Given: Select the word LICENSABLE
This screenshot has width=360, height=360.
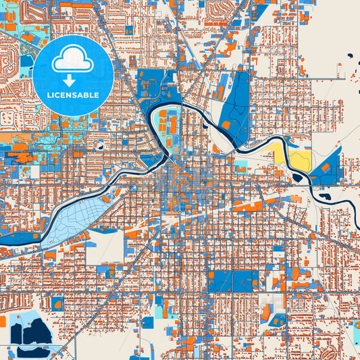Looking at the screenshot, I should click(72, 95).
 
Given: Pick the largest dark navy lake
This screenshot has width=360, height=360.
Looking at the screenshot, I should click(38, 331).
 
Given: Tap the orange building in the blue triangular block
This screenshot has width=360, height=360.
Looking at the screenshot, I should click(326, 166).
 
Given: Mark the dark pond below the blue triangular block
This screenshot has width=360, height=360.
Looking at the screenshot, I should click(326, 197).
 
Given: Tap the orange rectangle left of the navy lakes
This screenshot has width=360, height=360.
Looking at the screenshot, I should click(2, 322).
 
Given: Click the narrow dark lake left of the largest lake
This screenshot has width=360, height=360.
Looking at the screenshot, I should click(16, 333).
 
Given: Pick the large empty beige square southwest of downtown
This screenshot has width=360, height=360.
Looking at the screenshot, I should click(105, 247).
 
